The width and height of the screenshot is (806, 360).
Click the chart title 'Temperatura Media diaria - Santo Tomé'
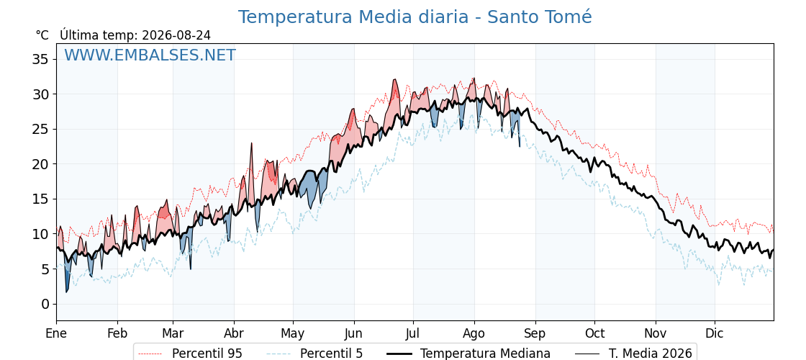coord(415,17)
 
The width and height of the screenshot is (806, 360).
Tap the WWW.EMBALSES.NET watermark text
coord(150,55)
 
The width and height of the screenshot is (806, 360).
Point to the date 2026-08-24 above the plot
coord(176,35)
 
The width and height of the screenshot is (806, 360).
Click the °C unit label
coord(42,35)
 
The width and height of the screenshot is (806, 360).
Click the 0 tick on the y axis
coord(46,304)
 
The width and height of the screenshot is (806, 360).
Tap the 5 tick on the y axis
coord(46,269)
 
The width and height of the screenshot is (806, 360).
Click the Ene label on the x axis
coord(56,333)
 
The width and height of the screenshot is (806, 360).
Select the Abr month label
coord(234,333)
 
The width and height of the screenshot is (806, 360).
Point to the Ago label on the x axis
coord(474,334)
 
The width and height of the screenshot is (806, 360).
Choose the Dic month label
coord(715,333)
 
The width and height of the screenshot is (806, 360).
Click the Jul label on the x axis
coord(413,333)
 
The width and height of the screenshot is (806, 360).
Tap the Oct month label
coord(594,333)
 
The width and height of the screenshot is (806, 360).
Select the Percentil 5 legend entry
coord(315,354)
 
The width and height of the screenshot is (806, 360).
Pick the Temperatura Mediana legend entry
coord(468,354)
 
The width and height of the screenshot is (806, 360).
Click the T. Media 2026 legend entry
coord(633,354)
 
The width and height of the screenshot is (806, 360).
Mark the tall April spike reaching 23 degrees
coord(252,143)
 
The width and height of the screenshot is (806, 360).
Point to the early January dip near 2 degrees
coord(67,291)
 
